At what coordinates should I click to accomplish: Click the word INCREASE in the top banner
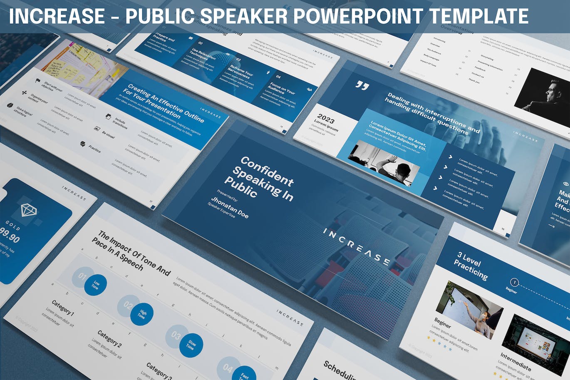point(57,17)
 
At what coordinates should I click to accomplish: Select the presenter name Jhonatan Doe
point(229,207)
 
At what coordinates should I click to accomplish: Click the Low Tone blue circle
point(96,285)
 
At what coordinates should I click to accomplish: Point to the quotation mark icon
point(362,86)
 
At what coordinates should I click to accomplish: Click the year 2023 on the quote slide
point(326,119)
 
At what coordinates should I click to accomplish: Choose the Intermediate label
point(515,362)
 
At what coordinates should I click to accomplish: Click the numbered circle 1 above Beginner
point(515,283)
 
